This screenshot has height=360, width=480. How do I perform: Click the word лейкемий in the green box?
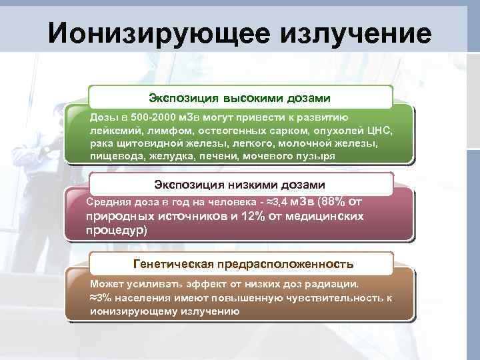click(113, 129)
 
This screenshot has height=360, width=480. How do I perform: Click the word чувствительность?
click(337, 297)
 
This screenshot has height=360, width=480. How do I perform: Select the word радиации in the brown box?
click(329, 284)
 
